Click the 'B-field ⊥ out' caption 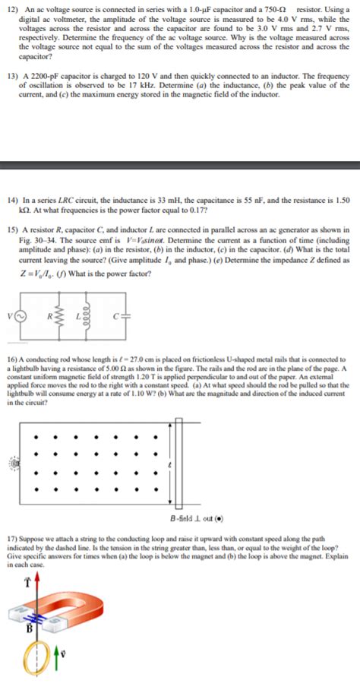click(185, 519)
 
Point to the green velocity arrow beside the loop click(63, 669)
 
